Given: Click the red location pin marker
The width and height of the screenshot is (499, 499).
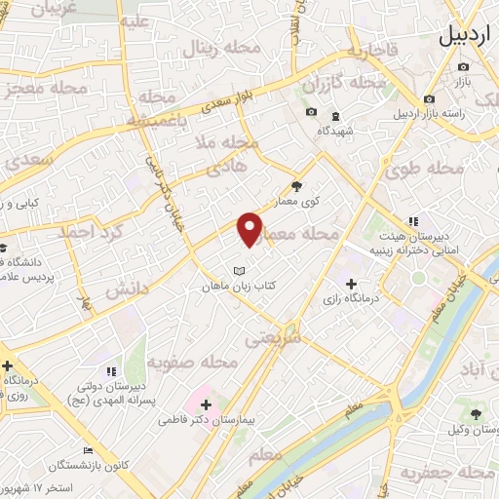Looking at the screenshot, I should [x=249, y=229].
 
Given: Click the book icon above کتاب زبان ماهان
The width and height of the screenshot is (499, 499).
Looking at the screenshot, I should [x=239, y=270].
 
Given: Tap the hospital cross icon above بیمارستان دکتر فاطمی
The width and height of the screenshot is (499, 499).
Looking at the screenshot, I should [x=205, y=403].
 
